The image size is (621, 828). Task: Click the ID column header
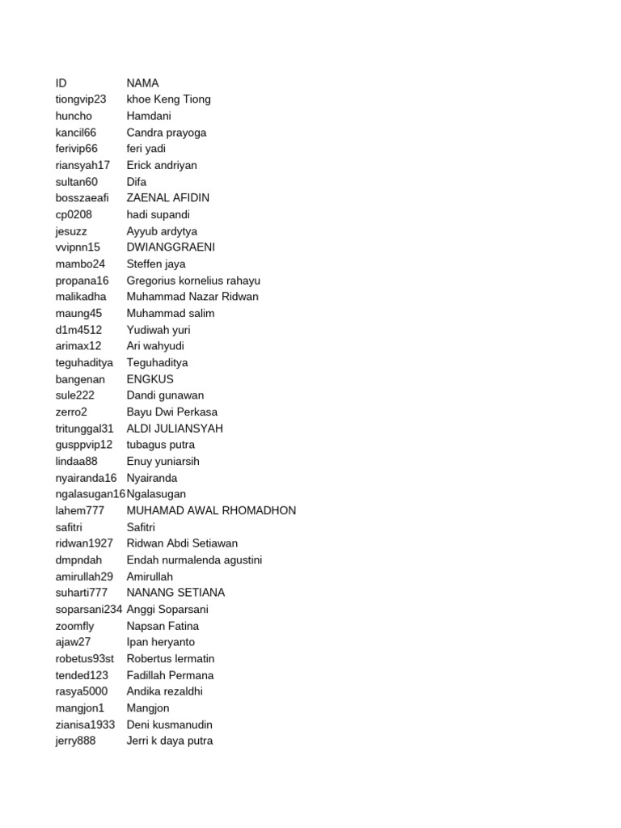(x=61, y=82)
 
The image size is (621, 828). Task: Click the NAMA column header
(x=143, y=82)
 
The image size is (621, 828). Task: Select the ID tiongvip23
(x=81, y=99)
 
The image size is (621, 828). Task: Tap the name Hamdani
(x=149, y=116)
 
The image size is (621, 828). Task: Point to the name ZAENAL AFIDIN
(x=168, y=198)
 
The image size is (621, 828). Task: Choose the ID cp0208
(x=74, y=214)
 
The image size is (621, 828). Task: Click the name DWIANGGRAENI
(x=171, y=247)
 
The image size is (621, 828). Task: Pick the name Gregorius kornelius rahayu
(x=193, y=281)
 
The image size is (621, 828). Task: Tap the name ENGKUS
(x=150, y=379)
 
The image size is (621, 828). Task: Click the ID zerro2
(x=71, y=412)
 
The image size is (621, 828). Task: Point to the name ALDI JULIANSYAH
(x=175, y=429)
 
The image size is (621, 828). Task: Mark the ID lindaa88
(x=77, y=462)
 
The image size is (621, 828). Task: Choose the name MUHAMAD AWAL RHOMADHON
(x=211, y=511)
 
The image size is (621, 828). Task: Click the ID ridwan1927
(x=84, y=543)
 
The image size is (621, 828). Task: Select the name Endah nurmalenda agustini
(x=194, y=560)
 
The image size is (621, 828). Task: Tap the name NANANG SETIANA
(x=175, y=593)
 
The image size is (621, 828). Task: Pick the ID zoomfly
(x=74, y=626)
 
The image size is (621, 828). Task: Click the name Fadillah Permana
(x=170, y=675)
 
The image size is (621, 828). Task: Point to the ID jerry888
(x=75, y=741)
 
